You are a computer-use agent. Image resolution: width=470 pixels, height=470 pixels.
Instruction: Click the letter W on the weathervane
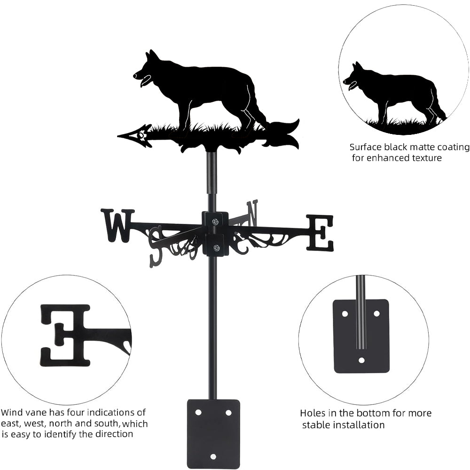(x=117, y=226)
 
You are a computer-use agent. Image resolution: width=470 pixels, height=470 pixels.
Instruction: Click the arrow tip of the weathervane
(x=118, y=136)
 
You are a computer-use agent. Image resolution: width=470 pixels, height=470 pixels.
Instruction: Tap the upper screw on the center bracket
(x=215, y=221)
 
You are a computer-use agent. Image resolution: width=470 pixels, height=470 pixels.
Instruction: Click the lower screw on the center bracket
(x=216, y=248)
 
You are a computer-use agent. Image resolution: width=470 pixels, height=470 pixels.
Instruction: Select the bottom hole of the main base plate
(x=213, y=457)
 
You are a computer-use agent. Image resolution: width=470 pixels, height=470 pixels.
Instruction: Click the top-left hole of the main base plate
(x=198, y=413)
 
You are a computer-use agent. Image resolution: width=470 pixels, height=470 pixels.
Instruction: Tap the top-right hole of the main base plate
(x=228, y=413)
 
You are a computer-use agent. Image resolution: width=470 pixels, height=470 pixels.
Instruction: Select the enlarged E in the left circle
(x=65, y=336)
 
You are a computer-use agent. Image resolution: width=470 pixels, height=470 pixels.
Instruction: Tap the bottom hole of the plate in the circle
(x=362, y=360)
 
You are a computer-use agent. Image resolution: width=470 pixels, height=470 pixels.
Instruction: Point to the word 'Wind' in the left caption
(x=12, y=413)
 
